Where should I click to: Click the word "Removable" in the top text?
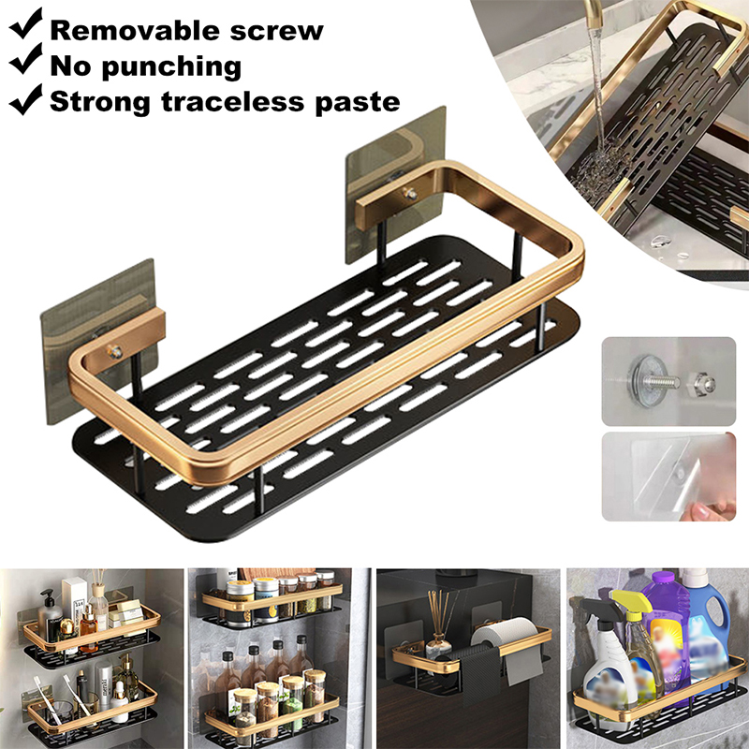click(136, 31)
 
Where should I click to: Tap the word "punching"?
click(171, 67)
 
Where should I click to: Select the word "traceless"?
click(233, 102)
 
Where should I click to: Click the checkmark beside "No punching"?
click(26, 60)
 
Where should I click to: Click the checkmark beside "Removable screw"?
click(26, 23)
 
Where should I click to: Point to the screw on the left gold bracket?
click(115, 352)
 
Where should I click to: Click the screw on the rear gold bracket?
click(410, 194)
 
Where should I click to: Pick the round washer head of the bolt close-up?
click(640, 382)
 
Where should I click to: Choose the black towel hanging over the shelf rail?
click(473, 678)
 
